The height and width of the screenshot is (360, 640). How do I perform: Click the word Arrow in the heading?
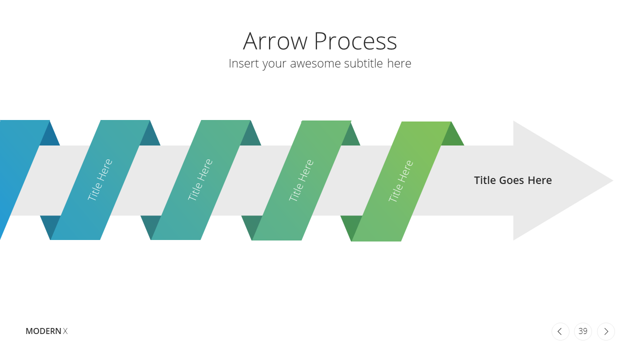[275, 41]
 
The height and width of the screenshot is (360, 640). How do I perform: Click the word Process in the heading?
[355, 41]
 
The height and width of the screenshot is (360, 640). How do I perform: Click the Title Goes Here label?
[513, 180]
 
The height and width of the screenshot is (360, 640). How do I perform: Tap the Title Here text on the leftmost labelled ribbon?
[99, 179]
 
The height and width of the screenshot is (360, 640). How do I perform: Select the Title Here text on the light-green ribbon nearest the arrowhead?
[400, 181]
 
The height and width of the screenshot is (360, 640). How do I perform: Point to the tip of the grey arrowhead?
[613, 180]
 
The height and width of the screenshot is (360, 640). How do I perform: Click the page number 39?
[583, 331]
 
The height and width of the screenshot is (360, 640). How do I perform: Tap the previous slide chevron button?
[560, 331]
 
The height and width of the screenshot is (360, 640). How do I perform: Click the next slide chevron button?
[606, 331]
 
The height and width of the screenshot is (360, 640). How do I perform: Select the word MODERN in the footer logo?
[43, 331]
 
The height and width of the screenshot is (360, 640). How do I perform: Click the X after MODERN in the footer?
[65, 331]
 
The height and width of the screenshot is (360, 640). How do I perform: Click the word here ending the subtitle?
[399, 63]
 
